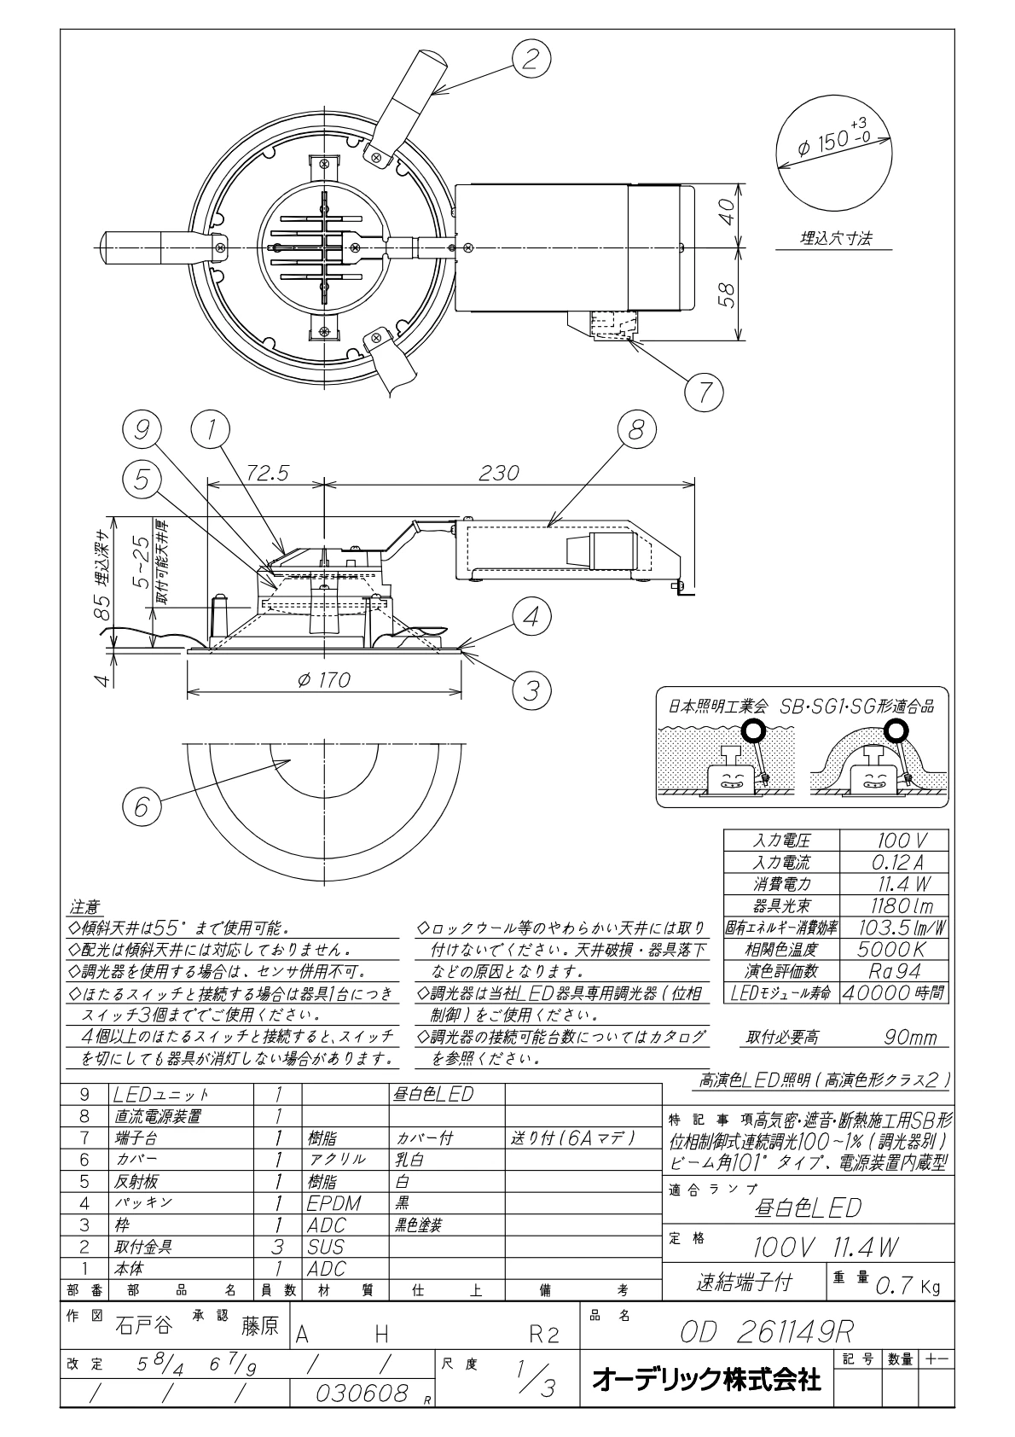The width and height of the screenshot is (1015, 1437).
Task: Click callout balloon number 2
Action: point(531,59)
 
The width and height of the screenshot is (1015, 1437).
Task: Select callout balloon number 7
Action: point(704,392)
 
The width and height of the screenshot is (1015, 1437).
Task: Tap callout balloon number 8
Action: point(636,429)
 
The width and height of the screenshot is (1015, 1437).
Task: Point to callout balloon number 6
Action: point(142,806)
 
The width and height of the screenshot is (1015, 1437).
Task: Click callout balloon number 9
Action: point(142,429)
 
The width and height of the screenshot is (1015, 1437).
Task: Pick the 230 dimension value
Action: point(498,473)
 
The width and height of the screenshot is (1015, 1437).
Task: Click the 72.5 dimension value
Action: point(267,473)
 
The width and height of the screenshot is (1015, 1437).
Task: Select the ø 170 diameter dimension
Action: point(324,679)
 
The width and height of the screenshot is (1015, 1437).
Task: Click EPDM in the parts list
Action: point(333,1203)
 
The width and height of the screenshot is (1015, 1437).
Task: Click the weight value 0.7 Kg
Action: point(907,1286)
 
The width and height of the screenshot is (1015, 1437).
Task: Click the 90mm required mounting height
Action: point(910,1038)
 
